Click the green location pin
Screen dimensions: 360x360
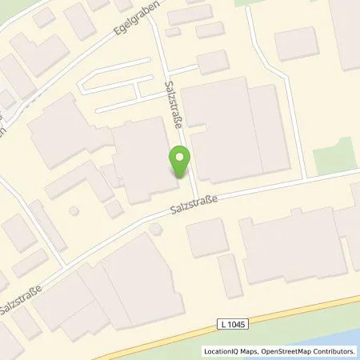click(x=180, y=164)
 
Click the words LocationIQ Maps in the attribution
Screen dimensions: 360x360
click(x=227, y=350)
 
